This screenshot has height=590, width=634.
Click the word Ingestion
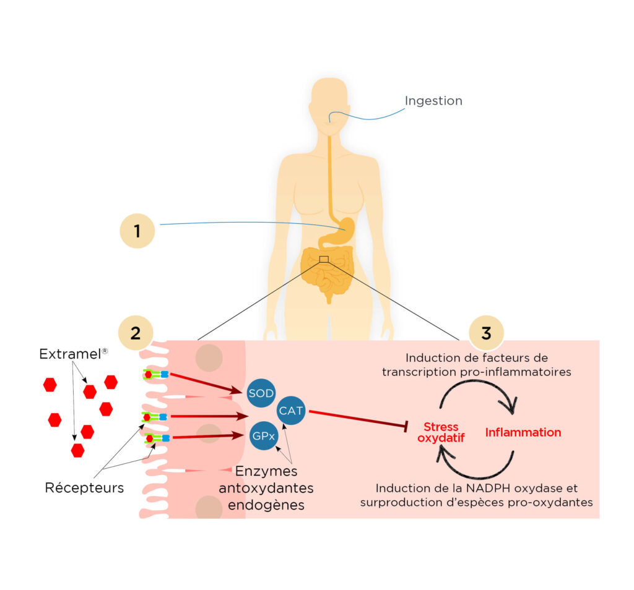[433, 100]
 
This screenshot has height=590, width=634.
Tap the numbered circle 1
[137, 231]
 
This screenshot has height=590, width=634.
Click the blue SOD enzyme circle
[261, 393]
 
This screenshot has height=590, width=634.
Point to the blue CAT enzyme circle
[290, 410]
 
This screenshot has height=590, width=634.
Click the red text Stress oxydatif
[441, 433]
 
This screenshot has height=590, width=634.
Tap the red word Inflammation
[523, 432]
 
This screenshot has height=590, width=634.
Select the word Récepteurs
[84, 488]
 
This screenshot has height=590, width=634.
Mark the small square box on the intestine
[324, 259]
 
